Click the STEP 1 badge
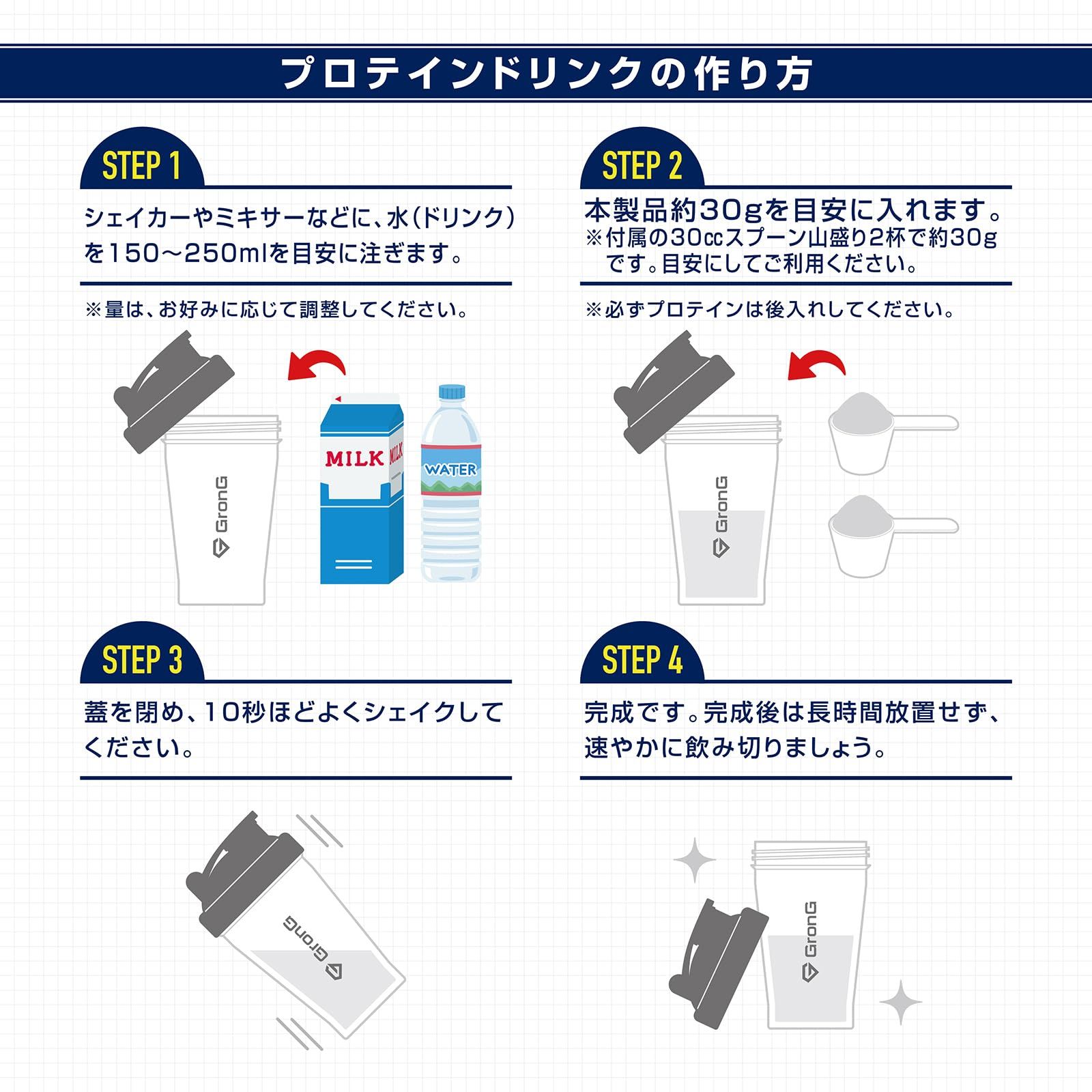pyautogui.click(x=141, y=166)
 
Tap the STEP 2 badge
pyautogui.click(x=642, y=166)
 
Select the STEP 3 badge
pyautogui.click(x=141, y=660)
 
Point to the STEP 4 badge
pyautogui.click(x=642, y=660)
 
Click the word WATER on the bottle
pyautogui.click(x=450, y=470)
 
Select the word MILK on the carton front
pyautogui.click(x=354, y=459)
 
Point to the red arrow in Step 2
pyautogui.click(x=817, y=366)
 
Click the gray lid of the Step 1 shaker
pyautogui.click(x=174, y=392)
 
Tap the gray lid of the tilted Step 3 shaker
pyautogui.click(x=242, y=863)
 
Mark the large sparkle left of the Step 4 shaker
pyautogui.click(x=695, y=861)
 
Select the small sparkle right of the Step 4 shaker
pyautogui.click(x=901, y=1002)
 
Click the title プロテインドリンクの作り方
pyautogui.click(x=546, y=74)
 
